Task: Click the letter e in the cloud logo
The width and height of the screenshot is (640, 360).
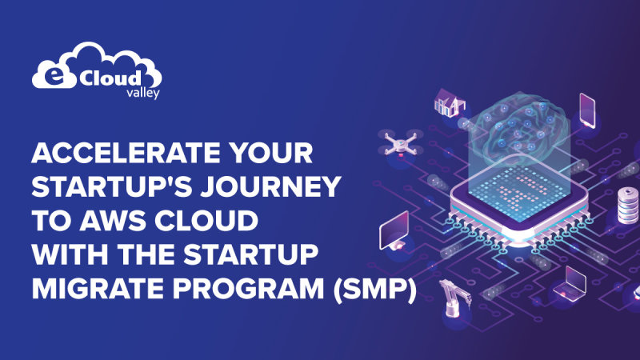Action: coord(50,78)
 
